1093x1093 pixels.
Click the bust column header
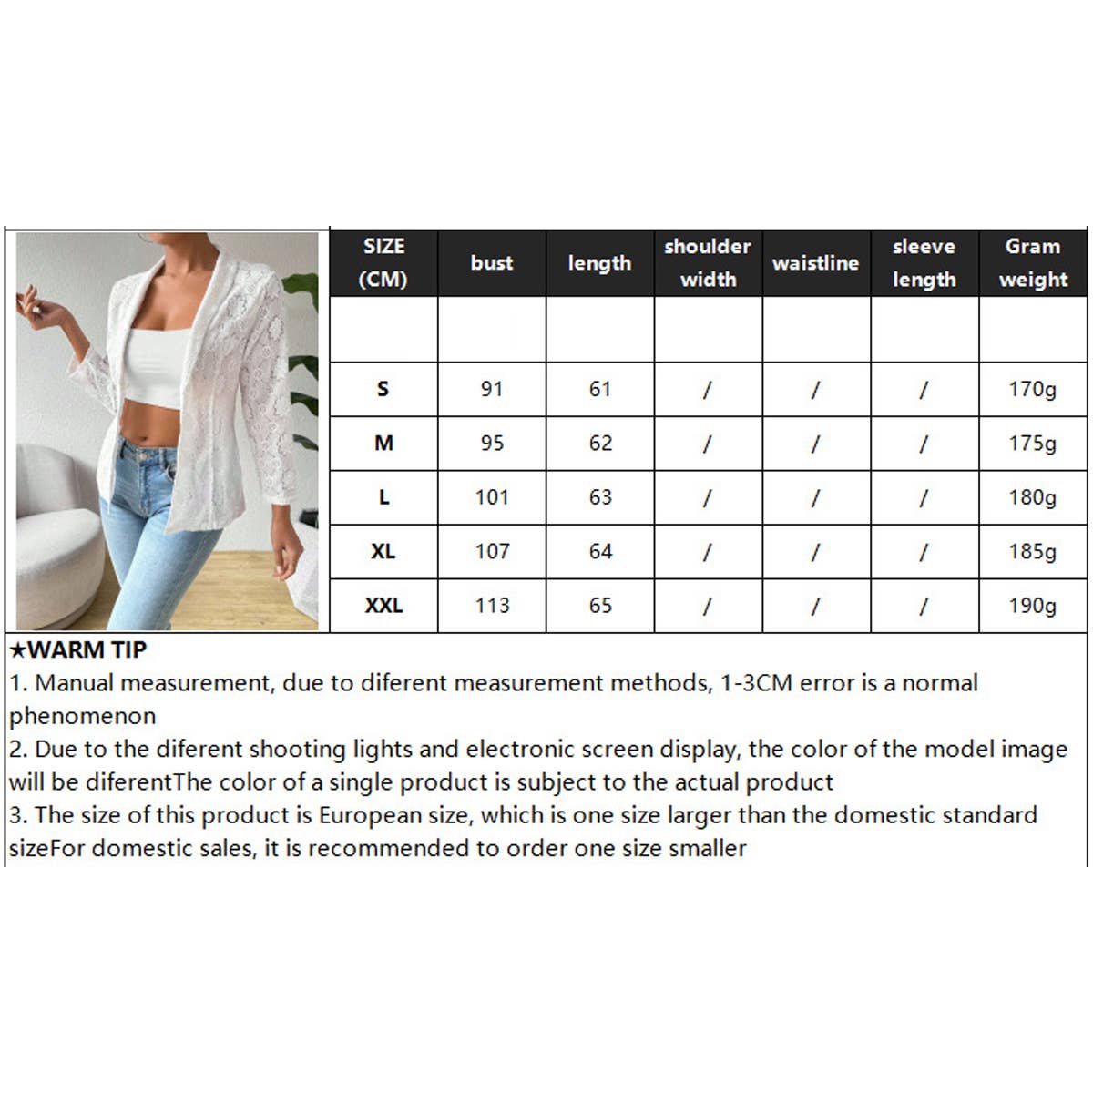491,262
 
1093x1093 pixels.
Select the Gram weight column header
1033,262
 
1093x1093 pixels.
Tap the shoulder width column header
708,262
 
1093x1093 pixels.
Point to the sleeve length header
924,262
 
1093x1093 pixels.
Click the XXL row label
383,605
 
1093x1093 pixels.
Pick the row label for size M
383,443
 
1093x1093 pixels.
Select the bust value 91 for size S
491,389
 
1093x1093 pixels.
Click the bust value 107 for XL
492,551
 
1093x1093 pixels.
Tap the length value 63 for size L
600,497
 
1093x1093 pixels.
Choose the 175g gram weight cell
1032,444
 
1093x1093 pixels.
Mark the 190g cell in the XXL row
1032,606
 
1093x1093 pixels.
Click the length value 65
600,605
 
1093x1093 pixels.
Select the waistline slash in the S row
815,390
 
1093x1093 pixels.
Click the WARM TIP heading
78,649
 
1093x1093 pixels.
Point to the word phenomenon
83,717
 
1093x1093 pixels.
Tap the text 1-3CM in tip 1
757,683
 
